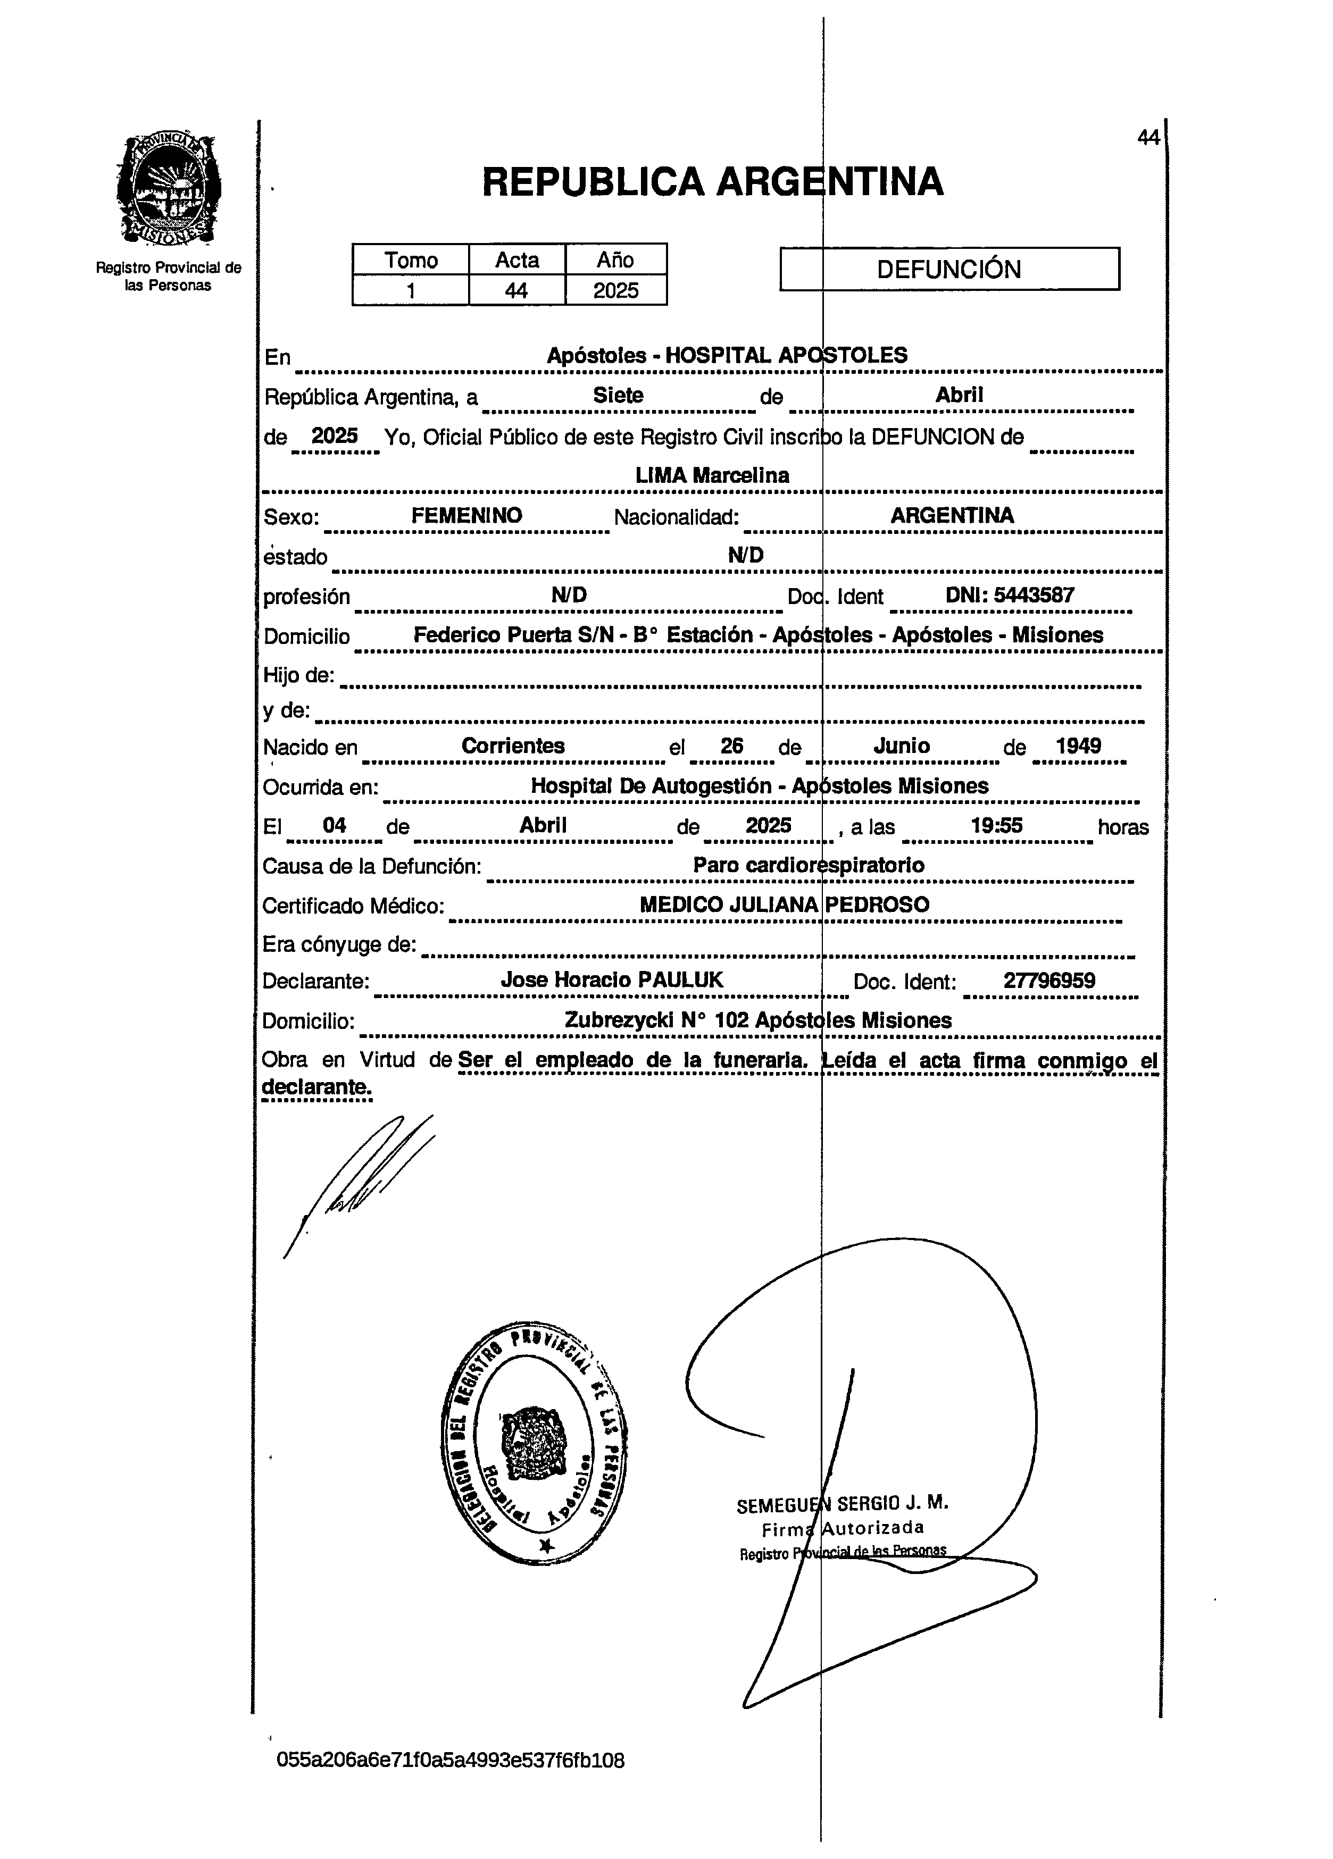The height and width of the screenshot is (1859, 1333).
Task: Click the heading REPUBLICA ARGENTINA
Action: [x=712, y=182]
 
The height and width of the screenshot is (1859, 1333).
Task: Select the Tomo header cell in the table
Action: [x=411, y=260]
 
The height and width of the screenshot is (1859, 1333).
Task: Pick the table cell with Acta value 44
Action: [x=516, y=291]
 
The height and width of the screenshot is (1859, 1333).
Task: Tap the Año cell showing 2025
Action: [x=615, y=291]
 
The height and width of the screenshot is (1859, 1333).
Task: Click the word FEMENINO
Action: [x=466, y=516]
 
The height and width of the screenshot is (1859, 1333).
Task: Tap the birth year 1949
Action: [x=1078, y=746]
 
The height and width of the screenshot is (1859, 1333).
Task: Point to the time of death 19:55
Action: [x=996, y=825]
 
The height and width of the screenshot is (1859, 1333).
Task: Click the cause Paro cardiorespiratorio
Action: [x=809, y=865]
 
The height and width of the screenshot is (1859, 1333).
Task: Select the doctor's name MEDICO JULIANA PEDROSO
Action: [x=784, y=905]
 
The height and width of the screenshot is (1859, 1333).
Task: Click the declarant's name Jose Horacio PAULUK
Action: [x=612, y=981]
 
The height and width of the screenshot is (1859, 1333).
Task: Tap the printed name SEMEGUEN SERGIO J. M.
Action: [x=842, y=1504]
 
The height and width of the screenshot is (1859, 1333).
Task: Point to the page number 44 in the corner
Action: [x=1148, y=138]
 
